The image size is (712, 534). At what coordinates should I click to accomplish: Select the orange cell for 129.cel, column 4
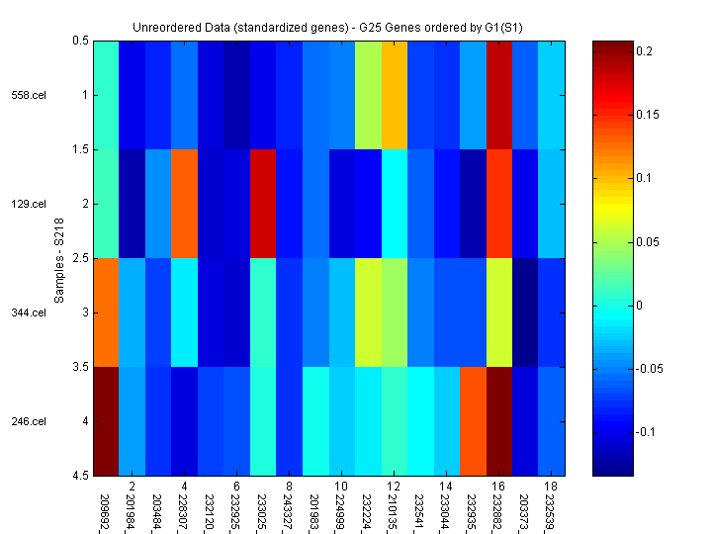pyautogui.click(x=184, y=205)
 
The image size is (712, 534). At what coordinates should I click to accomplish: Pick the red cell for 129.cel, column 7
pyautogui.click(x=261, y=205)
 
